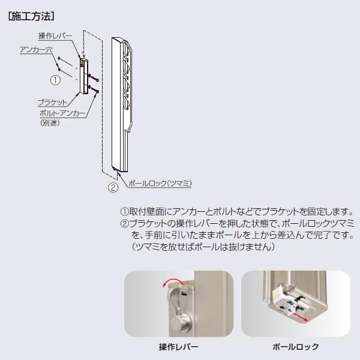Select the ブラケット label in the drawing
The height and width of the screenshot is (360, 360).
coord(52,103)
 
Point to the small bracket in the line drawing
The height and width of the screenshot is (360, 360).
coord(83,75)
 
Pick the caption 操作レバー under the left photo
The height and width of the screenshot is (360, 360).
coord(178,347)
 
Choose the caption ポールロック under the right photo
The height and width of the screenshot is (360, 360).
coord(295,347)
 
